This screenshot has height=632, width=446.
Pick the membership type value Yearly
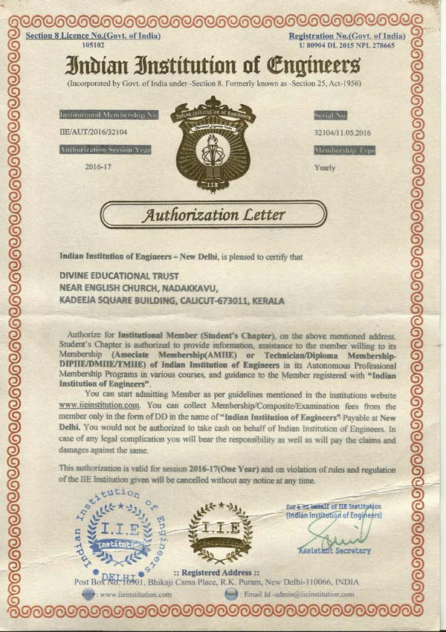(325, 167)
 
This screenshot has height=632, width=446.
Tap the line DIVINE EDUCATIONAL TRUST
(114, 275)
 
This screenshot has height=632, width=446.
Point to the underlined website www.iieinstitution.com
(100, 405)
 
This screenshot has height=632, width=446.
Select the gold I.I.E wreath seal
(220, 532)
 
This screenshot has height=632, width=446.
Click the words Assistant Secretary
(334, 551)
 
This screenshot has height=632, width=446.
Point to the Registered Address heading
(216, 573)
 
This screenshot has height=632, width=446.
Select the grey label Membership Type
(344, 150)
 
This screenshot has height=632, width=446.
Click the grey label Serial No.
(332, 115)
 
